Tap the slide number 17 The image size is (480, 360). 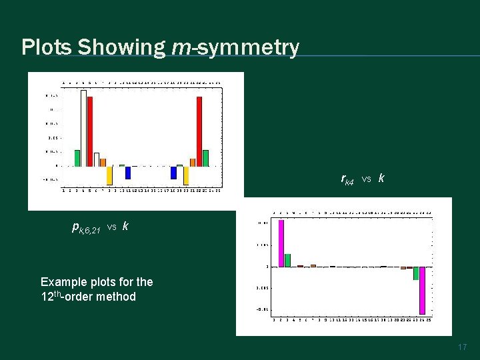pos(463,347)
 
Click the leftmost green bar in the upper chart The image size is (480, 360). pos(77,158)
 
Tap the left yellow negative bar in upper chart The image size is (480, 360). pos(109,175)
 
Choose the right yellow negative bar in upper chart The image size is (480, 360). pos(186,175)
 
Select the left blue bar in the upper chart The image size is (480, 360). pos(128,173)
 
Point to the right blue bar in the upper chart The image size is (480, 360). pos(173,173)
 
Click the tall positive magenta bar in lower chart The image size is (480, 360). pos(281,243)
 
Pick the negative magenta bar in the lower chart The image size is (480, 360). pos(422,290)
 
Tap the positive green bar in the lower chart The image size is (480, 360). pos(288,260)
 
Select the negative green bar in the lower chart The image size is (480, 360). pos(415,273)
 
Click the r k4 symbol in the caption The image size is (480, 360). pos(347,179)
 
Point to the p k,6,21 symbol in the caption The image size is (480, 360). pos(86,227)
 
